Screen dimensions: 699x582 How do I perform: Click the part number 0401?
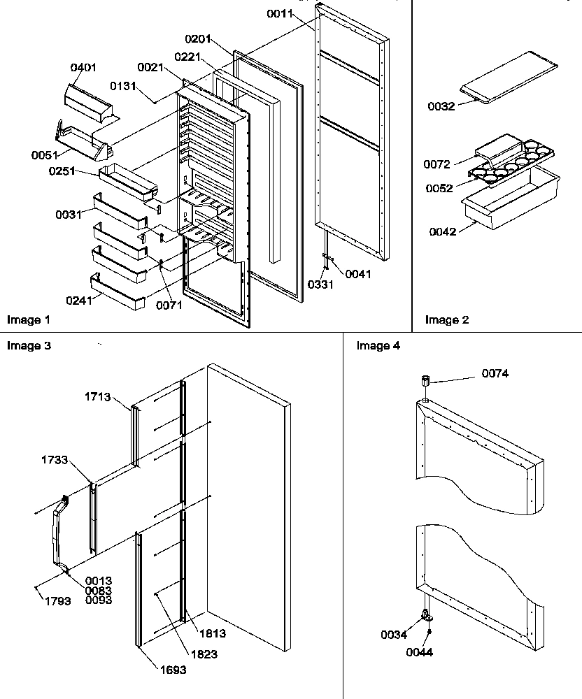(x=83, y=68)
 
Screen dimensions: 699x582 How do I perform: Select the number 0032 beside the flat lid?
(x=441, y=106)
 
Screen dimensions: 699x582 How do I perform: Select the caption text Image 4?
(x=378, y=345)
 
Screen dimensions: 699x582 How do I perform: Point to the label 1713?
(x=97, y=396)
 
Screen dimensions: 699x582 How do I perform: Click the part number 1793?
(x=57, y=600)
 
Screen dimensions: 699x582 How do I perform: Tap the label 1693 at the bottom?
(x=171, y=669)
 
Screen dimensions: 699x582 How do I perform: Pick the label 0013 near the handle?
(x=99, y=581)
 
